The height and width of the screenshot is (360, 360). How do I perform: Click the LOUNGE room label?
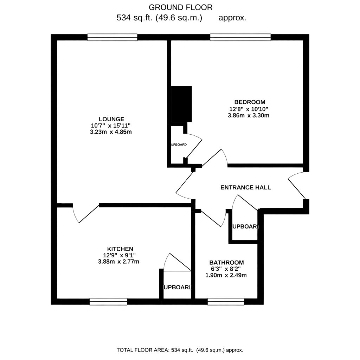pos(111,119)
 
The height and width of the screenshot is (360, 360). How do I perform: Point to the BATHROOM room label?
pos(226,262)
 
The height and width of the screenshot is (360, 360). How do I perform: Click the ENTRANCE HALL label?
pos(245,187)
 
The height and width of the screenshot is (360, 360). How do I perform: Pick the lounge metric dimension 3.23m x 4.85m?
pos(111,132)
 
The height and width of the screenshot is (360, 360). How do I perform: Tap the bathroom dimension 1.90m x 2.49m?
pos(226,275)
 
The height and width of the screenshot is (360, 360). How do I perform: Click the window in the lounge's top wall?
pos(112,37)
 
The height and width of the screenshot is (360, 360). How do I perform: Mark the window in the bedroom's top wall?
pos(240,37)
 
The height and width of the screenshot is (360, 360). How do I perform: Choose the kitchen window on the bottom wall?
pos(108,301)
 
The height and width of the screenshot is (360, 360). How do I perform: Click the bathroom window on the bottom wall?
pos(226,301)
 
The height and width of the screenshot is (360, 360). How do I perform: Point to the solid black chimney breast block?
pos(181,104)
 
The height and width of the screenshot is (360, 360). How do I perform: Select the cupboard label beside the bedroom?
pos(179,145)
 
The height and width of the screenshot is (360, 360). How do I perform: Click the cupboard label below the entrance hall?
pos(246,227)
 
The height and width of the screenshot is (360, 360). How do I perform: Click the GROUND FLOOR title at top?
pos(181,7)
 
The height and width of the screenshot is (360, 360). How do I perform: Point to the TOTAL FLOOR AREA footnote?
pos(180,350)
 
